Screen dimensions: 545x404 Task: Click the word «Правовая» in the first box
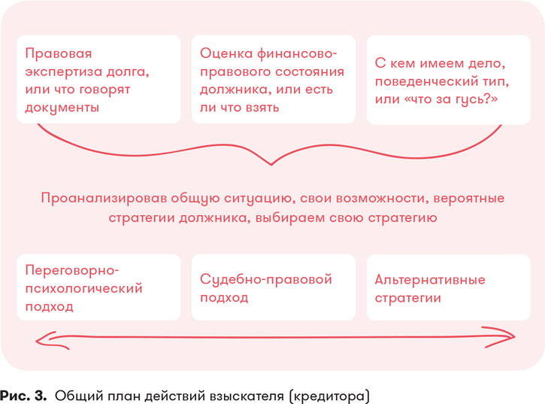tap(59, 53)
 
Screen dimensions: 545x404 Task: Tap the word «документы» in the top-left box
tap(62, 108)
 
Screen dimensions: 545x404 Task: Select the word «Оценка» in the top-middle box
tap(226, 53)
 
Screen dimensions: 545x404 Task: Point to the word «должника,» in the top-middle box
tap(235, 90)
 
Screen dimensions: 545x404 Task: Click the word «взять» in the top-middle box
tap(262, 108)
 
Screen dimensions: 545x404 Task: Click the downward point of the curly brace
tap(271, 164)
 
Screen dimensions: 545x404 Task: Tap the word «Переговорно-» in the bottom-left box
tap(72, 270)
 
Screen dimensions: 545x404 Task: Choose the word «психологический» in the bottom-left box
tap(83, 288)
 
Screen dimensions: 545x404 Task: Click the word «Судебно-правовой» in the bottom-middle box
tap(266, 279)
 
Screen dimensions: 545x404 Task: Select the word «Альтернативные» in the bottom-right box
tap(430, 280)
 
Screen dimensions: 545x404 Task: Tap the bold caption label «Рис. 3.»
tap(23, 396)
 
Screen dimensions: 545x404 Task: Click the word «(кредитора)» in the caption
tap(329, 396)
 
